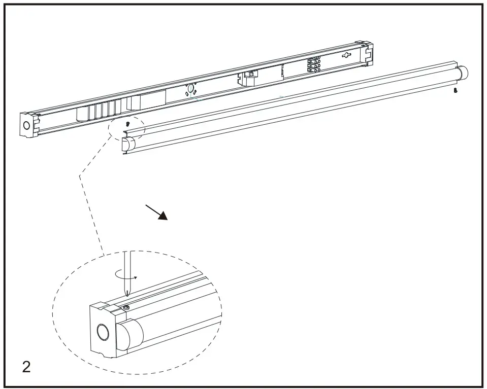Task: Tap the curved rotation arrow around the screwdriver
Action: click(x=126, y=275)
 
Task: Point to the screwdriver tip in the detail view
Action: click(x=127, y=296)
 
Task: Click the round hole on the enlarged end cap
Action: click(x=103, y=332)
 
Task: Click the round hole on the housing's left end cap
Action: click(x=26, y=125)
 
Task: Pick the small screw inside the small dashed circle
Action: click(x=128, y=123)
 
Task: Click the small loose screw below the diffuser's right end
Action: click(x=456, y=91)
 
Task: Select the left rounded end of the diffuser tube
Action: click(x=129, y=145)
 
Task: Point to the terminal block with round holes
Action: click(x=313, y=65)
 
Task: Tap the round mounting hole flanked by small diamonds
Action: click(x=190, y=89)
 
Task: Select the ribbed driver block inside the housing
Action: click(x=102, y=109)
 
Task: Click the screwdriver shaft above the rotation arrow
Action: click(x=127, y=261)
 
